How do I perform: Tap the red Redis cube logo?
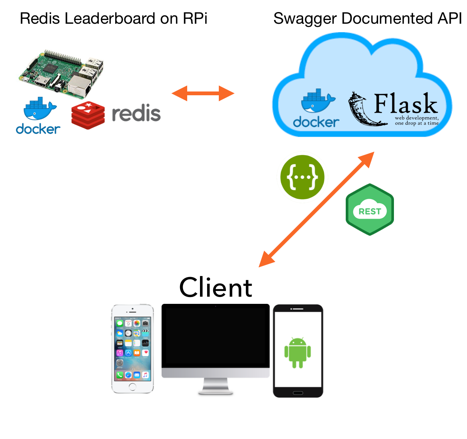(88, 115)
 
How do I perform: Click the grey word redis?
(136, 113)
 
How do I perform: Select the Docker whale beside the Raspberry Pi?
(39, 109)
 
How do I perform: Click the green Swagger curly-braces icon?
(302, 177)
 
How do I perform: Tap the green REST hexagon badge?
(369, 210)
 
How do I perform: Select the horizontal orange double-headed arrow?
(203, 93)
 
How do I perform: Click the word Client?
(215, 288)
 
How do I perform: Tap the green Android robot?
(298, 352)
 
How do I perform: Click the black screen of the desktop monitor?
(215, 337)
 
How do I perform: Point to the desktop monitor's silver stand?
(215, 386)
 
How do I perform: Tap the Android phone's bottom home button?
(298, 393)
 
